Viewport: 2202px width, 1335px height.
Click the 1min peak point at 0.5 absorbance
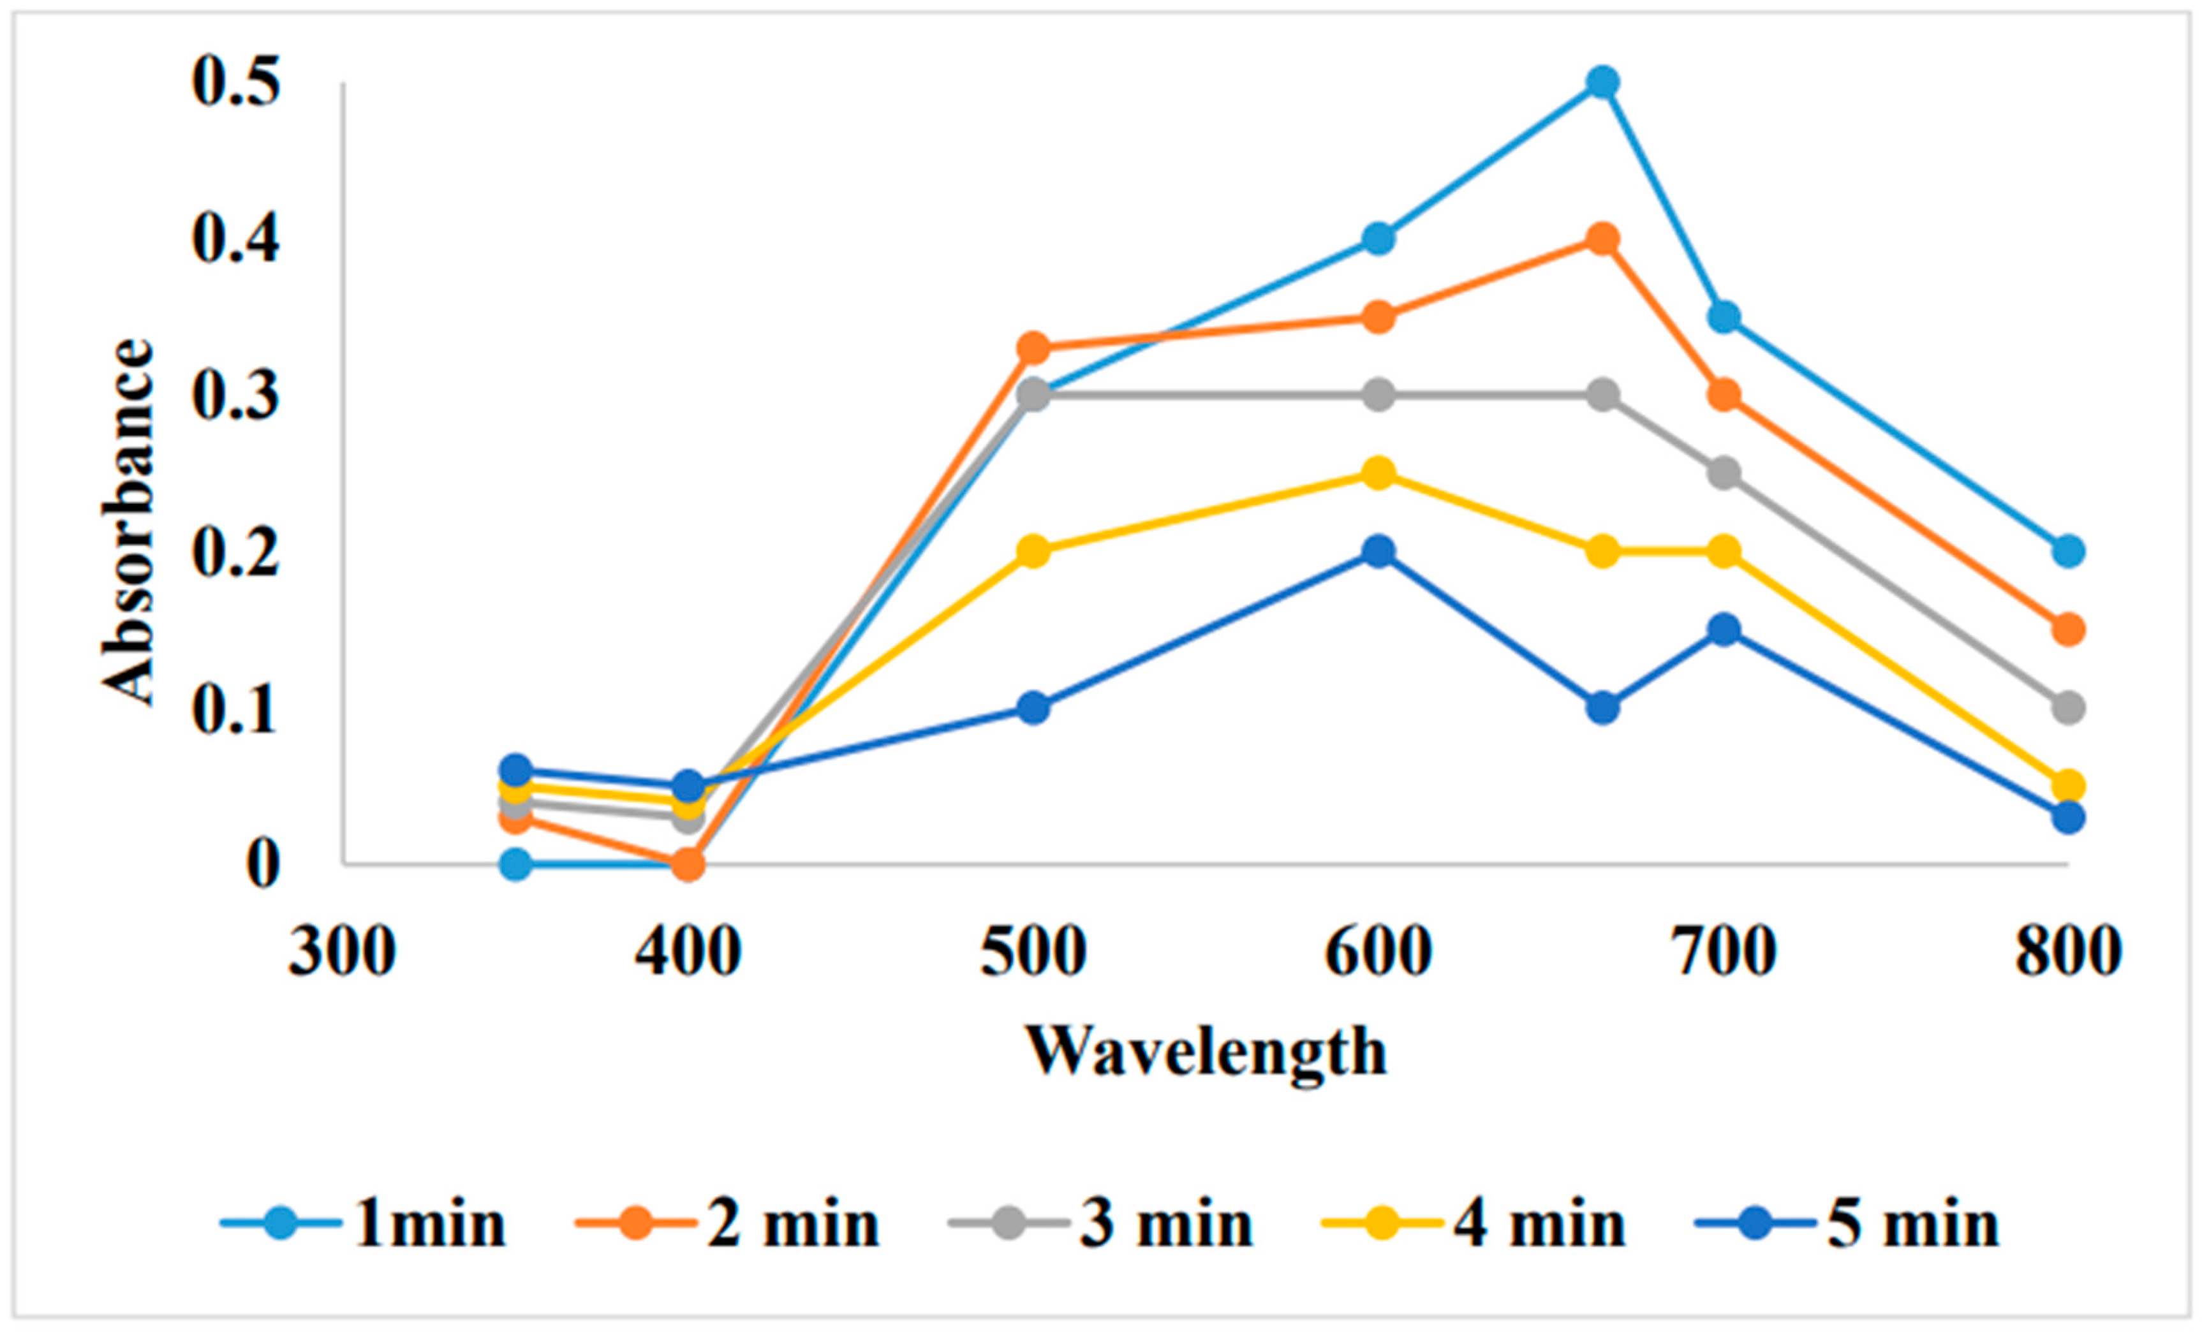(x=1602, y=83)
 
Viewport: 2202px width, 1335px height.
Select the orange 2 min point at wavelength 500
(x=1033, y=348)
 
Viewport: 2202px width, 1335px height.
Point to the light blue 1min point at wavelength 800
(x=2067, y=551)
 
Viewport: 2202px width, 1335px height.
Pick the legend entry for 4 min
(x=1475, y=1223)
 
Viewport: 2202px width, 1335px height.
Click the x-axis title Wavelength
(x=1206, y=1051)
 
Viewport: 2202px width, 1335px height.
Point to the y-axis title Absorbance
(x=127, y=523)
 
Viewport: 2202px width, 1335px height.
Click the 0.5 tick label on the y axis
(x=235, y=83)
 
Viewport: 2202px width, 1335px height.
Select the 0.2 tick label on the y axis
(x=235, y=551)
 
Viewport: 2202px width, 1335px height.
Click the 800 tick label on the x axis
(x=2067, y=954)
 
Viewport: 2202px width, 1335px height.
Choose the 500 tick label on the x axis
(x=1033, y=954)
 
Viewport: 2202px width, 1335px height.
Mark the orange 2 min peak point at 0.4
(x=1602, y=239)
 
